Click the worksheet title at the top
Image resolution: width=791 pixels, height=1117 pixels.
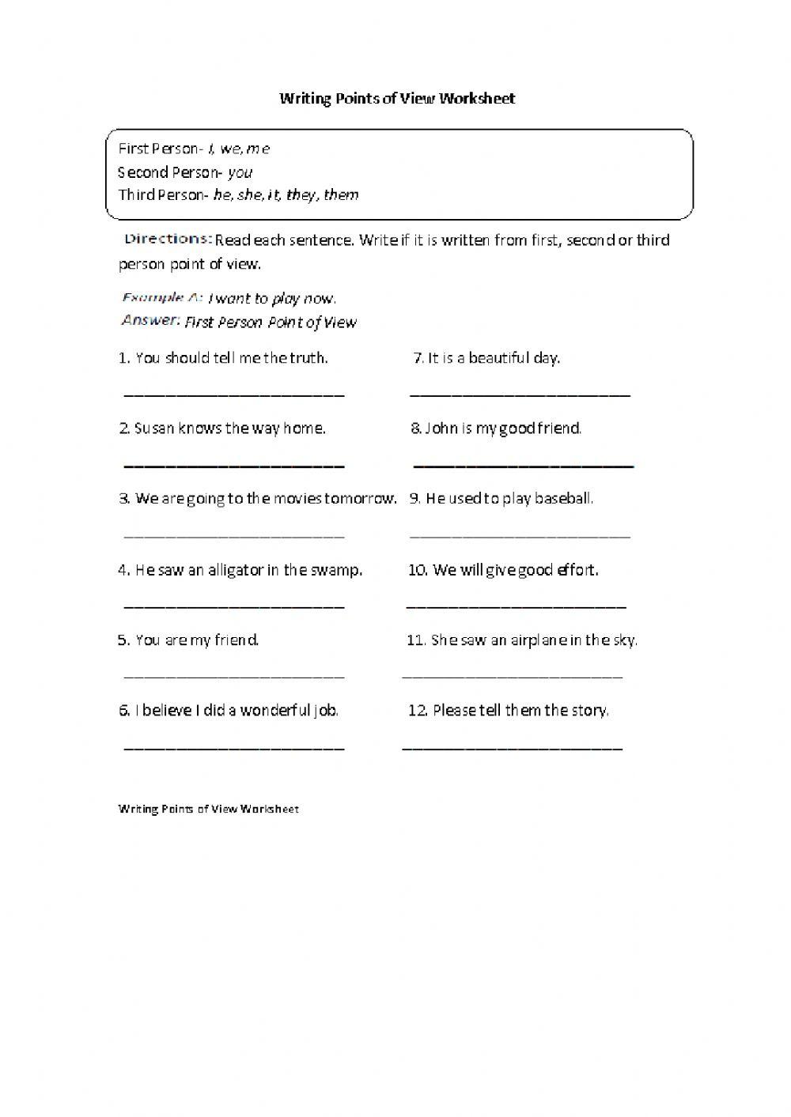pos(397,98)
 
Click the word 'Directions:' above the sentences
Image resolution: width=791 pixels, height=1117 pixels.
pos(168,239)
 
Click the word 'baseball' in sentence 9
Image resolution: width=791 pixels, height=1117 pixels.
pos(562,499)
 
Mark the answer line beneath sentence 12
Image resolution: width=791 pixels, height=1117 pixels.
pos(513,747)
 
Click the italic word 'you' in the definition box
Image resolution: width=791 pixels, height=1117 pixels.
pos(240,172)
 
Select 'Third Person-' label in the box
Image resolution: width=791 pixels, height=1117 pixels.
pos(163,195)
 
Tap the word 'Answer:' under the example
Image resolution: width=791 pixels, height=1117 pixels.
pos(151,321)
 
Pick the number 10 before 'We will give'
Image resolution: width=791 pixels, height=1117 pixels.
pos(418,570)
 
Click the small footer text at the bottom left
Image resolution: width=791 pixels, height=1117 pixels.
pos(209,809)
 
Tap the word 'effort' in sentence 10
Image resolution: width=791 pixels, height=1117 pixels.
pos(577,570)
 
